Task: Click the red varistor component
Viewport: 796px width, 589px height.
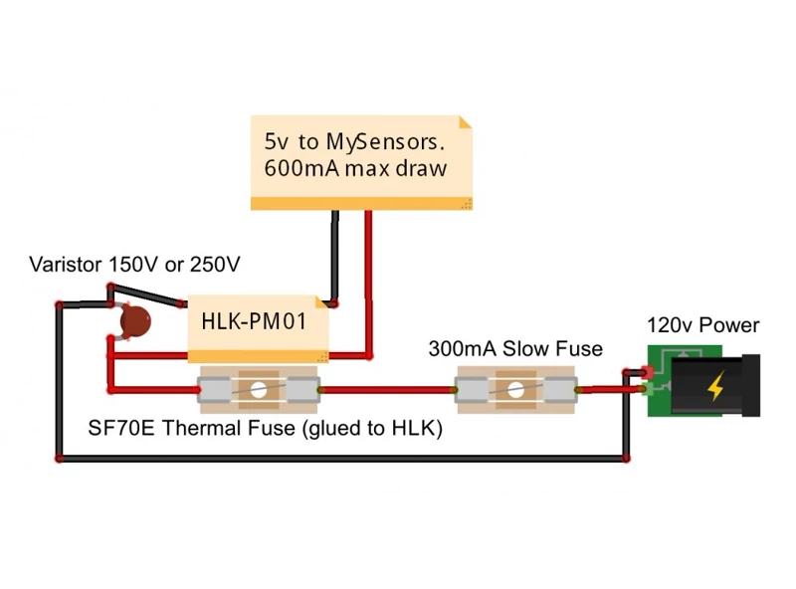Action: (x=135, y=321)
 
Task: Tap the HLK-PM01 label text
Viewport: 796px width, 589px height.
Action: (x=254, y=321)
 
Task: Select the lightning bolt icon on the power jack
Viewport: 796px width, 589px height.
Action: (x=715, y=386)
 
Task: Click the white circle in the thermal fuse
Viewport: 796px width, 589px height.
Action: (x=259, y=390)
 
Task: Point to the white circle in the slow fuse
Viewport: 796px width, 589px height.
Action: (x=515, y=390)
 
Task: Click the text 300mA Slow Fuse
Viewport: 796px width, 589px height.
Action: (x=515, y=349)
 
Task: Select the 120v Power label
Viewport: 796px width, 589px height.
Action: (x=703, y=325)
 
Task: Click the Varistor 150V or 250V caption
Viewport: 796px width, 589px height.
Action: (x=134, y=265)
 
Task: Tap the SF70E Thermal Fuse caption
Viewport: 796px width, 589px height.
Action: (x=265, y=428)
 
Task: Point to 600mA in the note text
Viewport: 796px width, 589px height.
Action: (x=301, y=168)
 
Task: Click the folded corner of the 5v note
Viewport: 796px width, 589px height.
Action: (x=466, y=121)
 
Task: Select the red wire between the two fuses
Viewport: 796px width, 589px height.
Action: (x=387, y=390)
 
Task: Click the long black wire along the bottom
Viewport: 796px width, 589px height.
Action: (x=342, y=459)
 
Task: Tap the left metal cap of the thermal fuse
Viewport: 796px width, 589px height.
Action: (x=215, y=390)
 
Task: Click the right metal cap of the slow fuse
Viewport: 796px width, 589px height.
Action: (x=560, y=390)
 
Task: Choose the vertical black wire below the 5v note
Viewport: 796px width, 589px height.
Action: (x=335, y=257)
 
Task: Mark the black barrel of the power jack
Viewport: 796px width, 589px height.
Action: (x=715, y=386)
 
